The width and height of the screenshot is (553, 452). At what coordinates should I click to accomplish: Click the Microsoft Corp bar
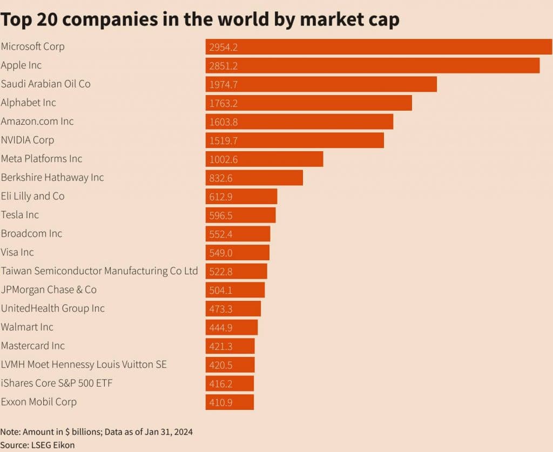pyautogui.click(x=378, y=47)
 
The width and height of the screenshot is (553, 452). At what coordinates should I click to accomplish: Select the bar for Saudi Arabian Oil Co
pyautogui.click(x=321, y=84)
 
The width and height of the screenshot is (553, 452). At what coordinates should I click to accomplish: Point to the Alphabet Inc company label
pyautogui.click(x=28, y=103)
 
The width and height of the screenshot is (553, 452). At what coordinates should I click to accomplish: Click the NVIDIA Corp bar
pyautogui.click(x=294, y=140)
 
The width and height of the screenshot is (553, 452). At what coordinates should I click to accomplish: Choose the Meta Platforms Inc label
pyautogui.click(x=42, y=159)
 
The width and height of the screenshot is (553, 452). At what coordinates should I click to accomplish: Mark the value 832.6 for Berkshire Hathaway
pyautogui.click(x=221, y=178)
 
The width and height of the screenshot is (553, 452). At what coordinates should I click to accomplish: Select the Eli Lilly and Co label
pyautogui.click(x=32, y=196)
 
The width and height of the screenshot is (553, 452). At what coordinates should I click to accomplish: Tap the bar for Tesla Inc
pyautogui.click(x=241, y=215)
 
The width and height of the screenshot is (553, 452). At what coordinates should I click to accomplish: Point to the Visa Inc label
pyautogui.click(x=17, y=252)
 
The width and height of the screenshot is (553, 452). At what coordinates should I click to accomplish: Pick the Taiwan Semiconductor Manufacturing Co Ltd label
pyautogui.click(x=99, y=271)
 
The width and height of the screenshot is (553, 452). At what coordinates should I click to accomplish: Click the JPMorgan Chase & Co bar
pyautogui.click(x=235, y=290)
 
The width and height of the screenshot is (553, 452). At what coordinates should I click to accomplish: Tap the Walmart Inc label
pyautogui.click(x=27, y=327)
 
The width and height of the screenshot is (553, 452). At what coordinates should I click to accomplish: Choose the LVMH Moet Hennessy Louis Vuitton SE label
pyautogui.click(x=84, y=365)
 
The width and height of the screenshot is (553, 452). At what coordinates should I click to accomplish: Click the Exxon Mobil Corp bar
pyautogui.click(x=230, y=402)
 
